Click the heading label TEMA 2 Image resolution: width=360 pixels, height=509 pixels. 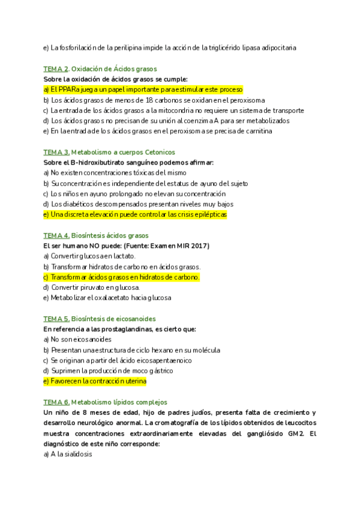(56, 69)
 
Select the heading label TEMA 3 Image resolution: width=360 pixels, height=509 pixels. (56, 152)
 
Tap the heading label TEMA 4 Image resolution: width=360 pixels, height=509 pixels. (56, 236)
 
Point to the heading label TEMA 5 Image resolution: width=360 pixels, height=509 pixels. (56, 319)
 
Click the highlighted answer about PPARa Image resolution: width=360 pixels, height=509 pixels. (143, 89)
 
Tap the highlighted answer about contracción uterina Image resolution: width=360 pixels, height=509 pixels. (95, 381)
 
